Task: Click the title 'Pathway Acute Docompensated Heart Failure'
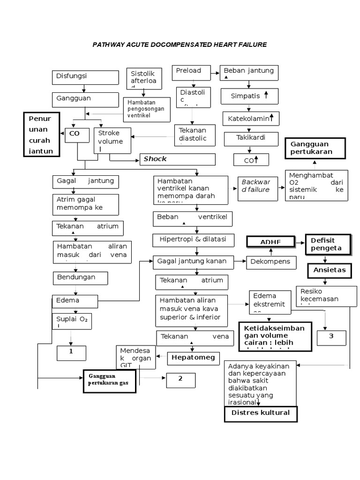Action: coord(180,45)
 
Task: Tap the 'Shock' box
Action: coord(177,159)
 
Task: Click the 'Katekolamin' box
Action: coord(250,119)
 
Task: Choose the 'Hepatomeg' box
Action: coord(193,358)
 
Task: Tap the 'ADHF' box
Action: coord(271,242)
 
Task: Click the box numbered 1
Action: coord(71,353)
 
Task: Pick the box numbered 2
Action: coord(180,379)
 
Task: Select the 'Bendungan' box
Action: coord(80,277)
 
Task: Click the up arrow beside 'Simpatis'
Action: coord(266,96)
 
